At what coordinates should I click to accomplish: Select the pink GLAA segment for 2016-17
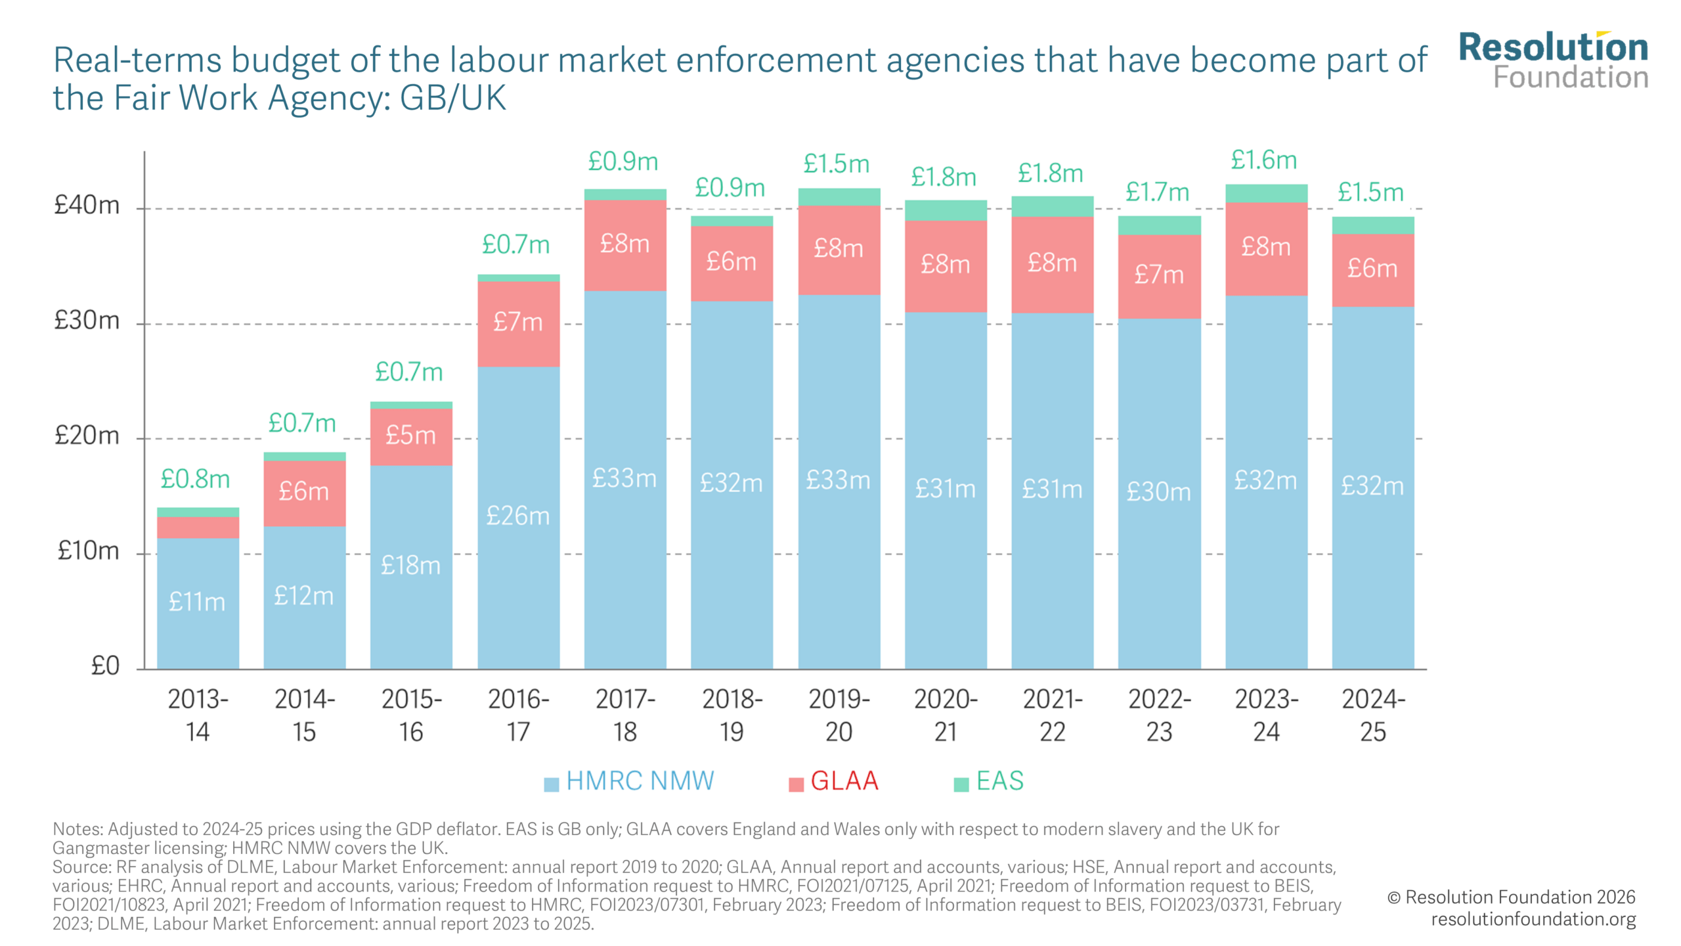pos(518,323)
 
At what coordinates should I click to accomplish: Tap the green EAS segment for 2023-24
pos(1266,193)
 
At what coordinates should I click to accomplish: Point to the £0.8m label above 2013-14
pos(195,479)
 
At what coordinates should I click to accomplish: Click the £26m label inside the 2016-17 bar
pos(517,516)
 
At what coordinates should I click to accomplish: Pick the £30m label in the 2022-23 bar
pos(1158,491)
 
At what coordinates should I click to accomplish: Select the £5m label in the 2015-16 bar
pos(410,435)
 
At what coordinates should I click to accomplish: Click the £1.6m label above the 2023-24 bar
pos(1263,160)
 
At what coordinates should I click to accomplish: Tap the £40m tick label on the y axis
pos(87,206)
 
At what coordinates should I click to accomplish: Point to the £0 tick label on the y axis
pos(105,666)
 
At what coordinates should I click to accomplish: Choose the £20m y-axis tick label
pos(87,436)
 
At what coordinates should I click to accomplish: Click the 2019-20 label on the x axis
pos(839,715)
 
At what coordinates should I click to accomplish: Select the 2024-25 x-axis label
pos(1372,715)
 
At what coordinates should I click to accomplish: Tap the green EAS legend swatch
pos(961,784)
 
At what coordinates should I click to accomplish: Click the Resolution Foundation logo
pos(1553,60)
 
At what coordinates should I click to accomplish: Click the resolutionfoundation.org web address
pos(1533,919)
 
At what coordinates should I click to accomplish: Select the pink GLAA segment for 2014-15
pos(305,493)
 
